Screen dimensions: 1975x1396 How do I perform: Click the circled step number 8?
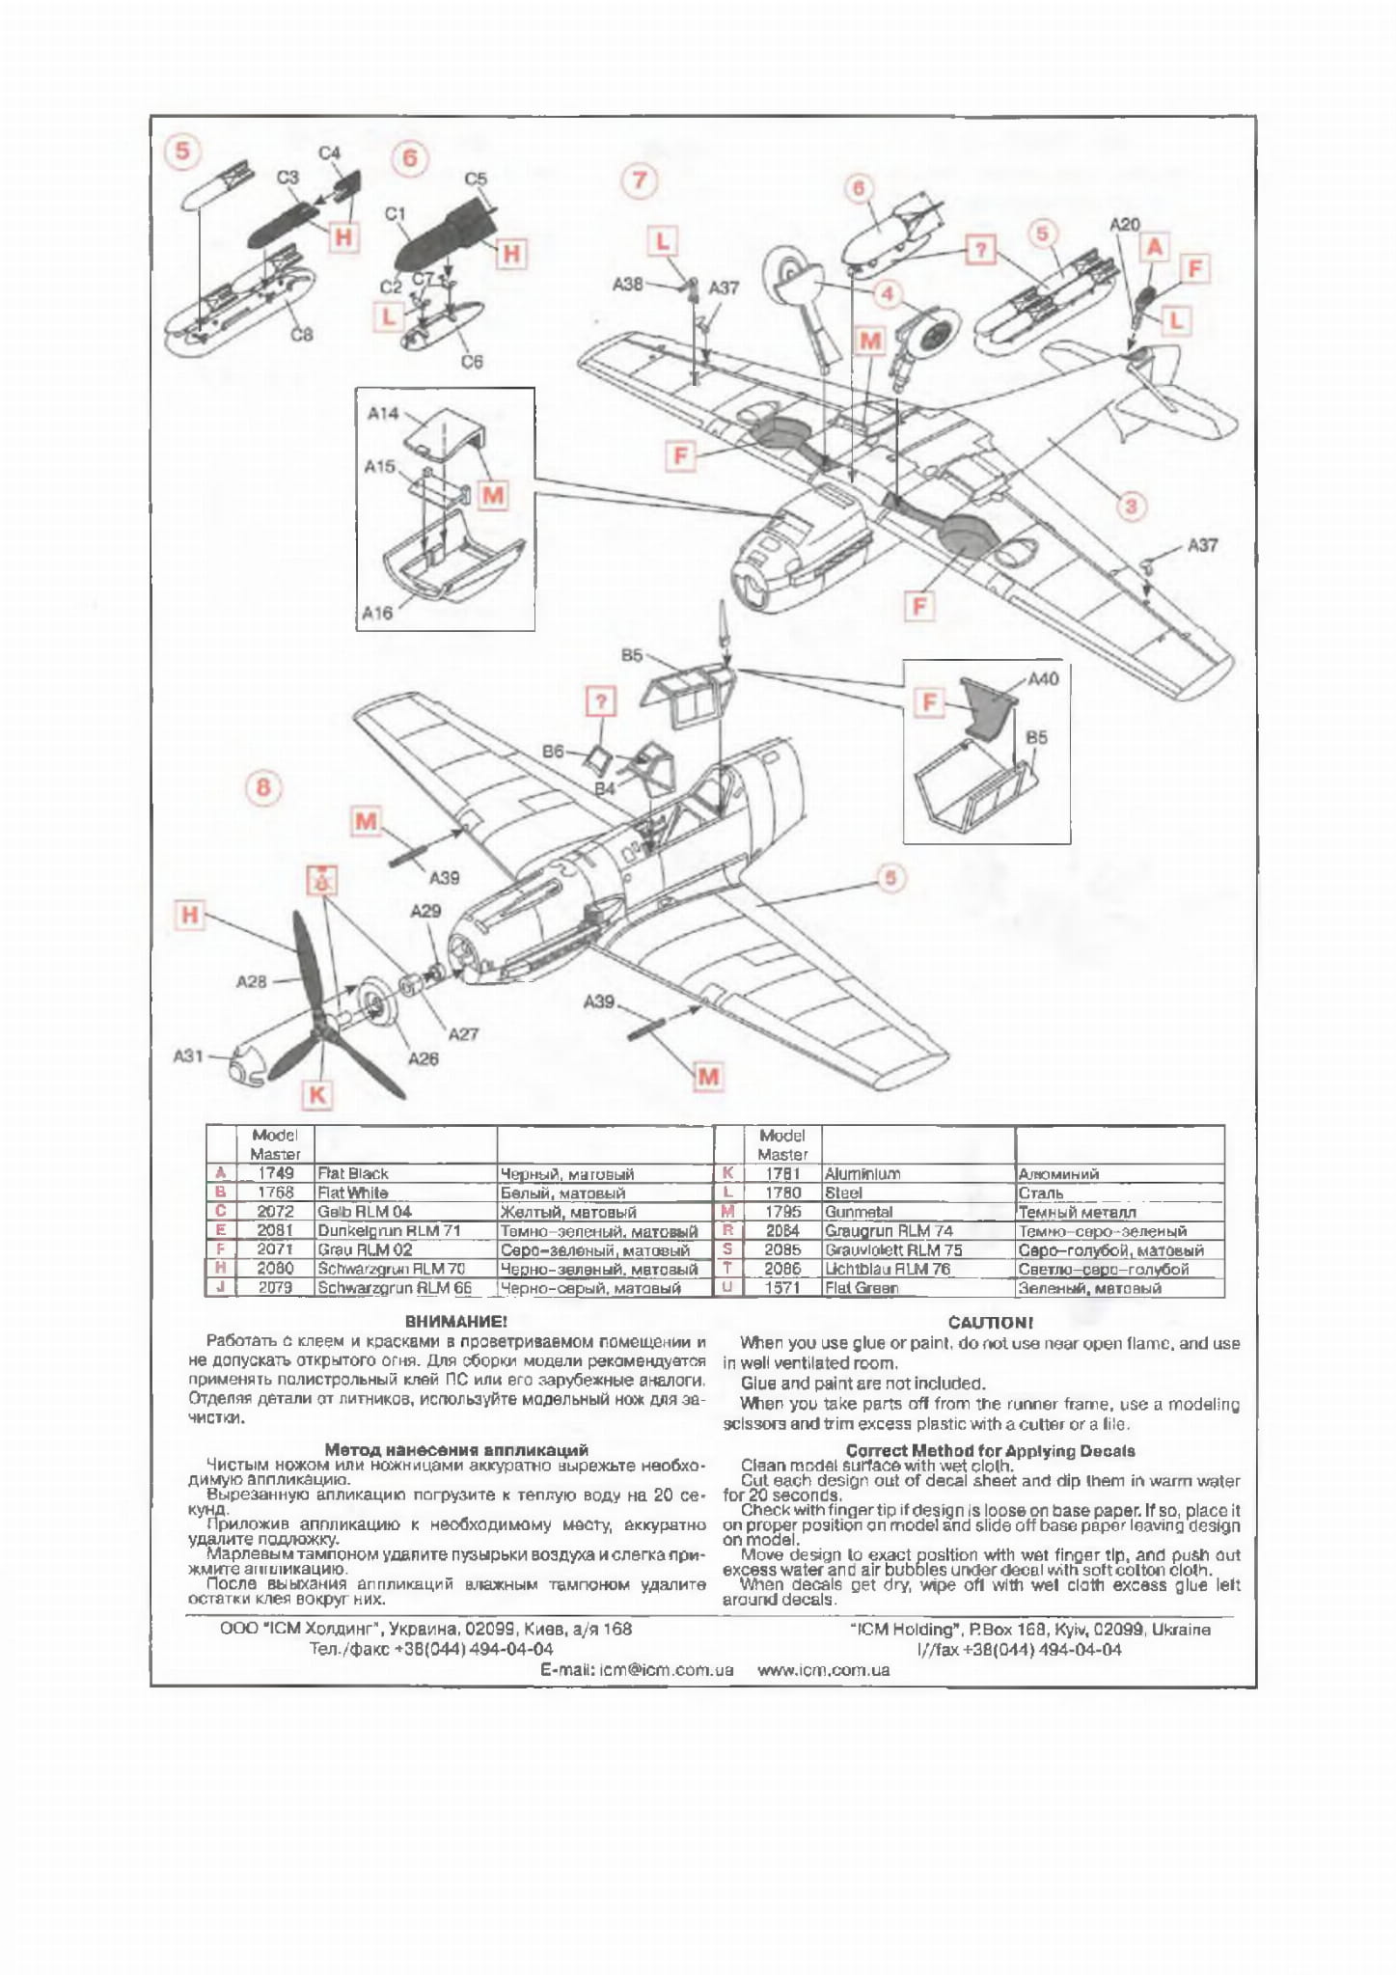tap(263, 787)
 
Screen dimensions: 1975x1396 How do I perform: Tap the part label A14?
tap(383, 413)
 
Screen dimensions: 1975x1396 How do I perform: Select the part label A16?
tap(377, 613)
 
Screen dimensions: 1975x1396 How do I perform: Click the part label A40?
tap(1043, 678)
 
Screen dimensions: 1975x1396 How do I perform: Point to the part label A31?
tap(188, 1056)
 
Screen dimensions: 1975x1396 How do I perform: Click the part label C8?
tap(301, 335)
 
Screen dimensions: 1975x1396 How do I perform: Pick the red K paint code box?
tap(316, 1094)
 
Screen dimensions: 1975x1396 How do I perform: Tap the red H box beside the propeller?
tap(190, 915)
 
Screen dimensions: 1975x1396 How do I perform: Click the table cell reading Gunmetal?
tap(859, 1212)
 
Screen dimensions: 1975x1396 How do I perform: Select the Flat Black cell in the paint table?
tap(353, 1173)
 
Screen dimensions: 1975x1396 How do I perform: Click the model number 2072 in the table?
tap(275, 1212)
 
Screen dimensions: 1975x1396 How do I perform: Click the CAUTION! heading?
tap(990, 1322)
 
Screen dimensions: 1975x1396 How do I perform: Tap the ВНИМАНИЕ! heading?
tap(455, 1321)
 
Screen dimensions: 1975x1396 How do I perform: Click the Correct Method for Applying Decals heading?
tap(990, 1450)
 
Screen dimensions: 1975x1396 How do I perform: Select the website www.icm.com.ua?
tap(823, 1669)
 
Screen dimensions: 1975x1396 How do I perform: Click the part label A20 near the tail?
tap(1124, 224)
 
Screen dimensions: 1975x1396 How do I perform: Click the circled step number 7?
tap(639, 180)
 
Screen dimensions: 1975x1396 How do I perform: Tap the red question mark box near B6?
tap(600, 701)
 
